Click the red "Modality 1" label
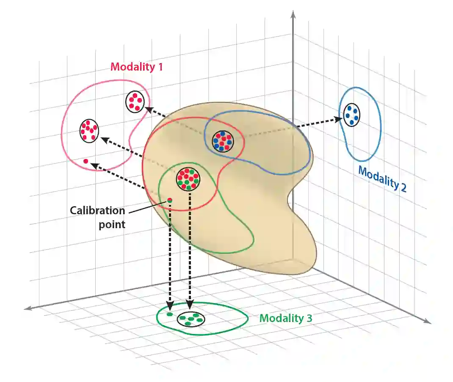136,67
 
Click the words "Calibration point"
98,217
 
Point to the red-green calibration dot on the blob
170,200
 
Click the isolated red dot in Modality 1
86,161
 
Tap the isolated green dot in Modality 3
170,314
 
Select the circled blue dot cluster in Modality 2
352,115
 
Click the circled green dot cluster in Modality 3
191,319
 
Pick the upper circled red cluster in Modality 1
135,101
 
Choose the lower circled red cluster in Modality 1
89,131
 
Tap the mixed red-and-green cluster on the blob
188,179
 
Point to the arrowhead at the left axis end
28,308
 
